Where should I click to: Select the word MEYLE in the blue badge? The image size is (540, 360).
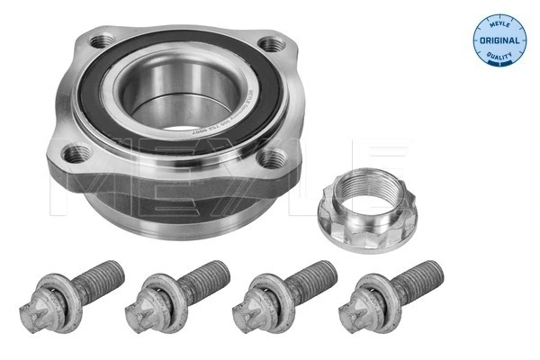[497, 17]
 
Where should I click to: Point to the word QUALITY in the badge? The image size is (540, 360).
[497, 60]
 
